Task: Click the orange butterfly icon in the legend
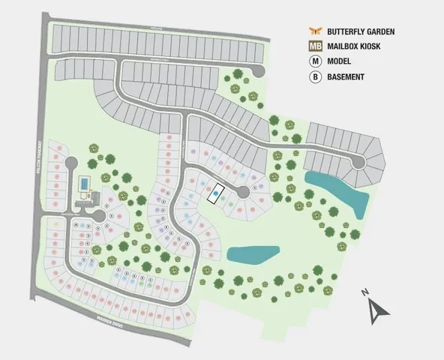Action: (315, 31)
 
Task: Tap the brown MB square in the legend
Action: (315, 46)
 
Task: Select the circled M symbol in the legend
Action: (315, 61)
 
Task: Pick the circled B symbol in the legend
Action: (315, 76)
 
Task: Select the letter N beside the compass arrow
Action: (363, 292)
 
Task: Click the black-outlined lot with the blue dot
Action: (216, 193)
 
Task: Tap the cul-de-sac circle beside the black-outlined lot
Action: (243, 193)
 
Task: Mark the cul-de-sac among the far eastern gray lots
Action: (359, 162)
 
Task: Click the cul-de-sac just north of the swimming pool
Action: (72, 163)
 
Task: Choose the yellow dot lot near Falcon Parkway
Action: (57, 223)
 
